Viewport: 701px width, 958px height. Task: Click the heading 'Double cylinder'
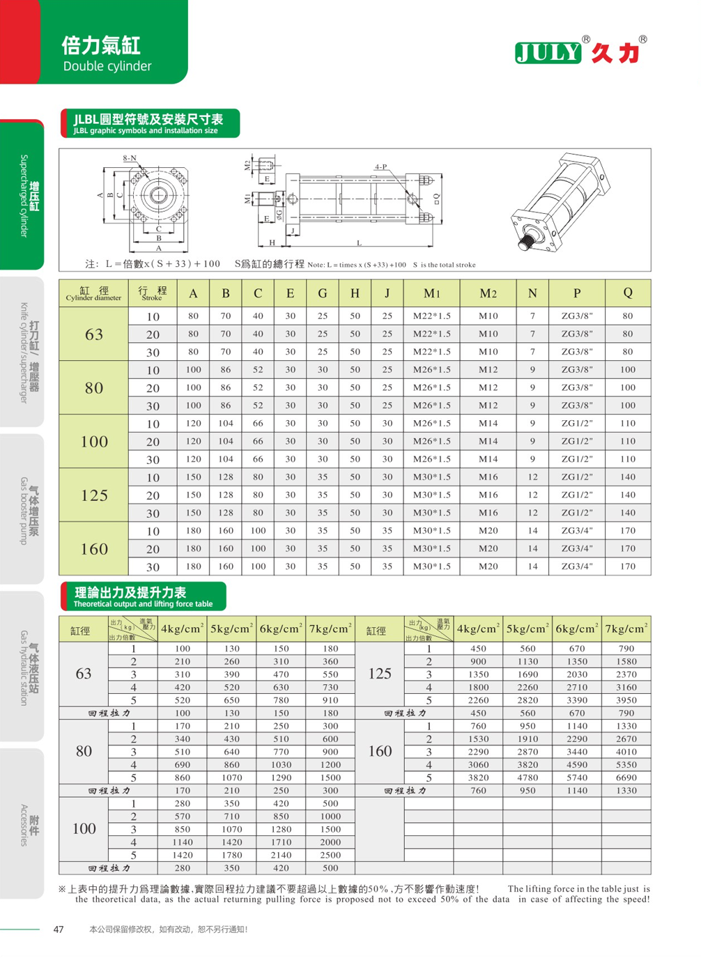pyautogui.click(x=107, y=66)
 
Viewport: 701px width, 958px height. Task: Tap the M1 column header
pyautogui.click(x=431, y=293)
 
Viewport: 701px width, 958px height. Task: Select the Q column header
pyautogui.click(x=627, y=293)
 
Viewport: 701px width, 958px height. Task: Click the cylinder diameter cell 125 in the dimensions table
pyautogui.click(x=94, y=495)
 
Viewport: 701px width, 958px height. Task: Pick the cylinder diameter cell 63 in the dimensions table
pyautogui.click(x=94, y=334)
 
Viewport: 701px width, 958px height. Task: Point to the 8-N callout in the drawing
pyautogui.click(x=130, y=158)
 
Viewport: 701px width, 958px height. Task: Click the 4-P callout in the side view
pyautogui.click(x=380, y=167)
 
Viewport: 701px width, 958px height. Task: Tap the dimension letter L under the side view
pyautogui.click(x=359, y=243)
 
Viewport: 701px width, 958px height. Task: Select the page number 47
pyautogui.click(x=59, y=929)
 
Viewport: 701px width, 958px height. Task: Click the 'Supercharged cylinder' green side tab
pyautogui.click(x=28, y=195)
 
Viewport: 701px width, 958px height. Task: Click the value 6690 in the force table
pyautogui.click(x=626, y=778)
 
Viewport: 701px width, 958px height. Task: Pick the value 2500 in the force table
pyautogui.click(x=330, y=855)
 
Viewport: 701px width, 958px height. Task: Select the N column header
pyautogui.click(x=532, y=293)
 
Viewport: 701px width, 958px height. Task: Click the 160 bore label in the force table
pyautogui.click(x=380, y=751)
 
